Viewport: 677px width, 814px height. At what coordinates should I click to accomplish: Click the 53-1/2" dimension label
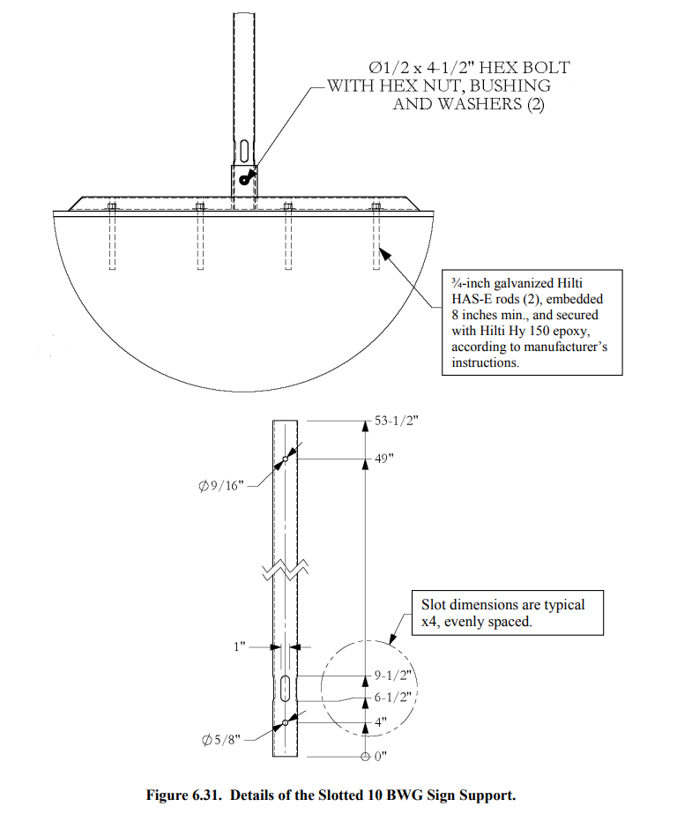pos(397,421)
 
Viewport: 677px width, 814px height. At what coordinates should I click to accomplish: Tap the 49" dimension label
pos(384,459)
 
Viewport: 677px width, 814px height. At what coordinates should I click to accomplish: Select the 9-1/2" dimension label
pos(392,676)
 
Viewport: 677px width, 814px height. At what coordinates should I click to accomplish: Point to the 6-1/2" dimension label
pos(392,698)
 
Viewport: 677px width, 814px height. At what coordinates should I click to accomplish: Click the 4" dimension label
pos(381,722)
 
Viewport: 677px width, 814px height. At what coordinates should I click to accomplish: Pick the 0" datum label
pos(381,757)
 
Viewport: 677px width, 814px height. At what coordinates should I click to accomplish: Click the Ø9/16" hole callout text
pos(221,486)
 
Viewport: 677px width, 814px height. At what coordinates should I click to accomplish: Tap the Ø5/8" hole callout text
pos(221,739)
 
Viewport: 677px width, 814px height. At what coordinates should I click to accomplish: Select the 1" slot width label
pos(239,646)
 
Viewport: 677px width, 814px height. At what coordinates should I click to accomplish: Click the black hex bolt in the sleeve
pos(245,177)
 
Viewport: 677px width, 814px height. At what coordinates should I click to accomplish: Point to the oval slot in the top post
pos(244,151)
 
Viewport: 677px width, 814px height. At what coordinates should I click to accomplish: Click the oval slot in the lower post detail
pos(285,689)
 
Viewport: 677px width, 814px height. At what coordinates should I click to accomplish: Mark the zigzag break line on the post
pos(285,570)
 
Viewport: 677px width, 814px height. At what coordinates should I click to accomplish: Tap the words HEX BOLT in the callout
pos(524,68)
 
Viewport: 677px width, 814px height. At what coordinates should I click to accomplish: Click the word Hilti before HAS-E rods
pos(569,283)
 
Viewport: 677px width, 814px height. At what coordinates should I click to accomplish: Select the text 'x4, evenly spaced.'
pos(476,622)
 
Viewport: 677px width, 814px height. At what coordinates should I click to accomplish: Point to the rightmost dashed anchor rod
pos(376,237)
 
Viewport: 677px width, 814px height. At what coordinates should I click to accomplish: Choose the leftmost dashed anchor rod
pos(112,237)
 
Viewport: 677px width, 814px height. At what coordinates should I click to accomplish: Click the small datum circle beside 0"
pos(365,757)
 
